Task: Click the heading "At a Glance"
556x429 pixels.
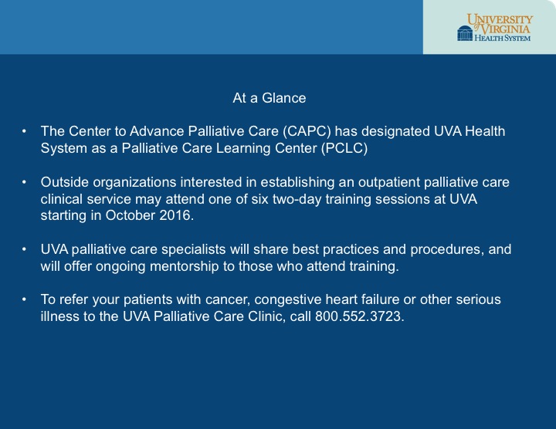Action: [270, 98]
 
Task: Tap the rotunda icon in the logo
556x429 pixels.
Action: [465, 33]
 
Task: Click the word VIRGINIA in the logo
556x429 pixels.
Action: [505, 29]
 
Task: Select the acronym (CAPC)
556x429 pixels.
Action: [307, 131]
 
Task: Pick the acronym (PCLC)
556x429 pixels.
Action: [344, 148]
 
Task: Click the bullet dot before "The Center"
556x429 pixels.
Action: [24, 131]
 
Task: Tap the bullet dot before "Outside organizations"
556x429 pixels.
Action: [24, 182]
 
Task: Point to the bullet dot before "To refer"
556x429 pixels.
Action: [24, 299]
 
